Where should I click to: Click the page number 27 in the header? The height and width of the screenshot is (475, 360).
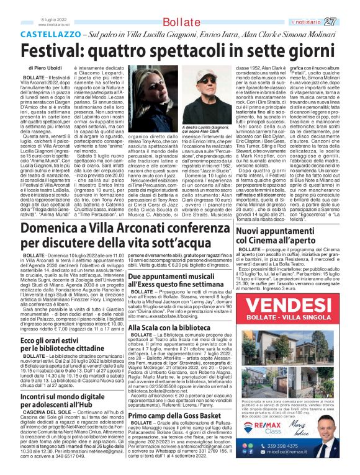click(346, 6)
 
